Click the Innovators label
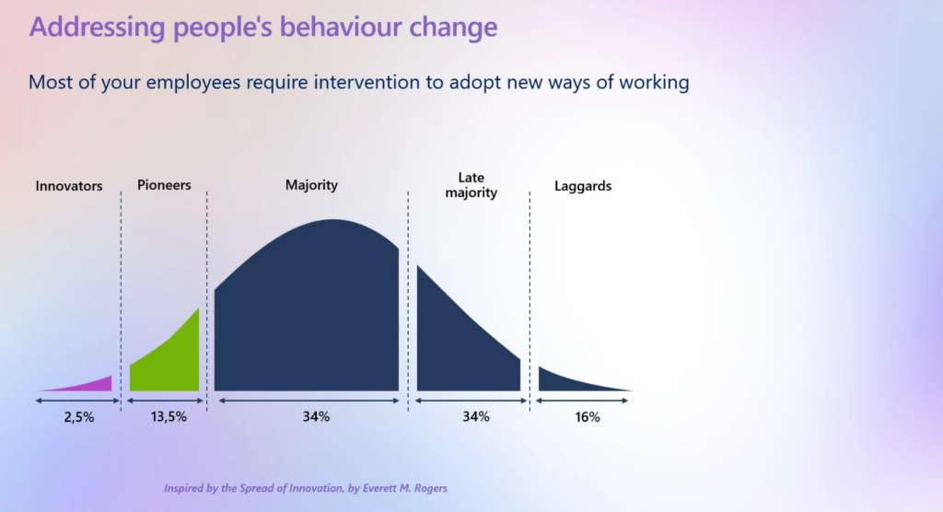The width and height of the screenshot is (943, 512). click(x=69, y=186)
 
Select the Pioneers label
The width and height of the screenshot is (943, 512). click(x=164, y=185)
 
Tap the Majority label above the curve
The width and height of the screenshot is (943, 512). click(x=311, y=185)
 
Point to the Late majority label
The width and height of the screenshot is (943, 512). click(x=471, y=185)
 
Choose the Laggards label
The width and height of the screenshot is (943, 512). click(x=583, y=187)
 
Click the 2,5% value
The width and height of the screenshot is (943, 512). click(x=79, y=417)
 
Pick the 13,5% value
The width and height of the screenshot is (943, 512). click(x=169, y=416)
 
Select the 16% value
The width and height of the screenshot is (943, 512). click(x=588, y=417)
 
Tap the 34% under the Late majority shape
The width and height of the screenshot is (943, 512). click(x=476, y=416)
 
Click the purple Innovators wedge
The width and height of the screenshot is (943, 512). click(x=90, y=386)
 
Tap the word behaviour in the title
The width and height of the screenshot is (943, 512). click(x=343, y=27)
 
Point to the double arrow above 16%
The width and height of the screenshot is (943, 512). click(x=582, y=401)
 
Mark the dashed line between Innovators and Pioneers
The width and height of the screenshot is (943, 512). click(x=121, y=301)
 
